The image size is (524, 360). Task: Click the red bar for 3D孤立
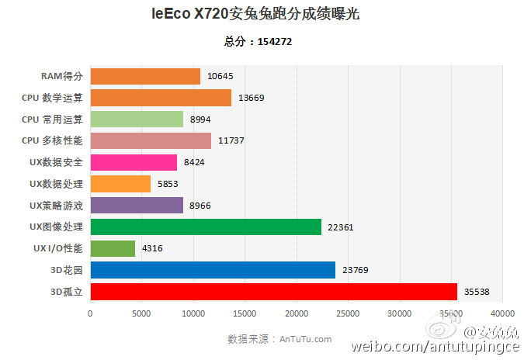273,292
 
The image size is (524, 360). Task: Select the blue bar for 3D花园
213,270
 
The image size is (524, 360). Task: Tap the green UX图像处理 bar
206,227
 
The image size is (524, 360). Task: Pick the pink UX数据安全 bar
134,162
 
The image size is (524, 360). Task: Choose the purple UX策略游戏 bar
137,205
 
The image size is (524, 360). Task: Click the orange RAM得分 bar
145,76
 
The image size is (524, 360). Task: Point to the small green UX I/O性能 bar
113,248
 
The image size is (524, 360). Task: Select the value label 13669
252,98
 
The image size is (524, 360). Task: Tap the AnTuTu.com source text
305,339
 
